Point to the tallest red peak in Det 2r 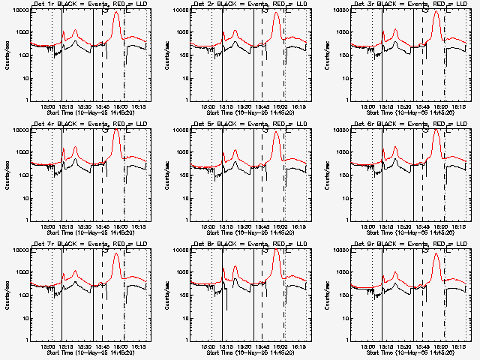[276, 13]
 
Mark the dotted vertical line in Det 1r [52, 60]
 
